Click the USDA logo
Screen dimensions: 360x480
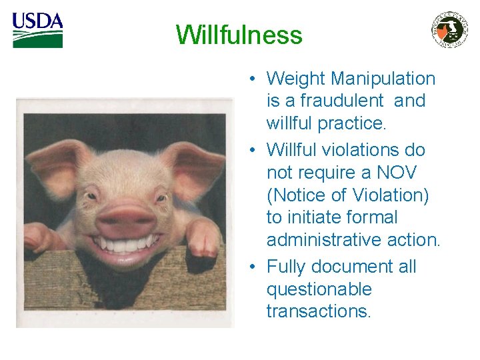tap(37, 30)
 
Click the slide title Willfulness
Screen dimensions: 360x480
tap(239, 35)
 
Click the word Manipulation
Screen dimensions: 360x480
tap(383, 79)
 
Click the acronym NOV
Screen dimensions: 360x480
tap(398, 173)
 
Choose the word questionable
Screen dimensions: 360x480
tap(319, 289)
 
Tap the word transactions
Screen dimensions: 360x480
tap(317, 311)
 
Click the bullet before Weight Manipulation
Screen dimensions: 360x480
tap(253, 79)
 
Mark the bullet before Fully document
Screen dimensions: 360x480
tap(253, 267)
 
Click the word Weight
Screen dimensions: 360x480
tap(296, 79)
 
